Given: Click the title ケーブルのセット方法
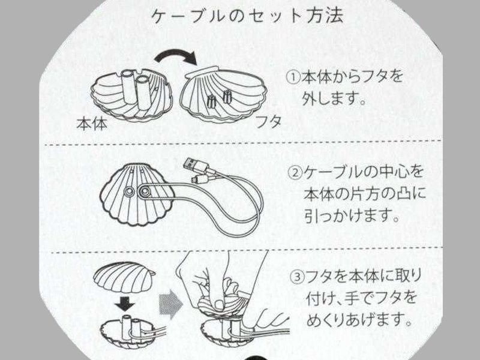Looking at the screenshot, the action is [247, 17].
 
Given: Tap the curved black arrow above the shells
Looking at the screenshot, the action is [176, 55].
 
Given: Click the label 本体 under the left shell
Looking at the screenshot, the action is [92, 124].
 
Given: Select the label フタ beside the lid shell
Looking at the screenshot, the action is [268, 122].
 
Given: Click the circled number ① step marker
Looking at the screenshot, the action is [293, 77].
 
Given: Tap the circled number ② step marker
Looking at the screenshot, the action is [295, 173].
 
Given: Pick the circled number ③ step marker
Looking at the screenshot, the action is [297, 277].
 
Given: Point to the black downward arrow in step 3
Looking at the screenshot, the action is [125, 304].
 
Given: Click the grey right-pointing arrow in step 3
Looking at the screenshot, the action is [171, 304].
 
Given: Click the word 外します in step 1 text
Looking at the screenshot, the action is [334, 98].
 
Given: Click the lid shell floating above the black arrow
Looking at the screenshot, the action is [124, 277].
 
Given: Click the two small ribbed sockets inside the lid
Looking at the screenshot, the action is [220, 98].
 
